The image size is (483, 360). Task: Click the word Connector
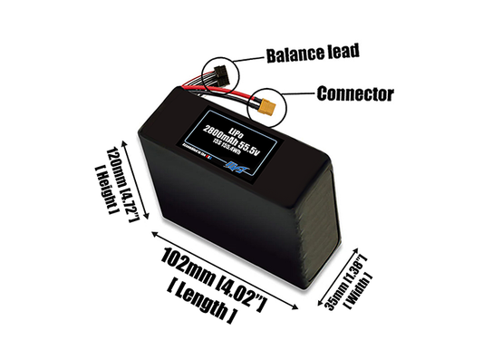pyautogui.click(x=355, y=93)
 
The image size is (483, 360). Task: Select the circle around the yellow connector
pyautogui.click(x=269, y=108)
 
